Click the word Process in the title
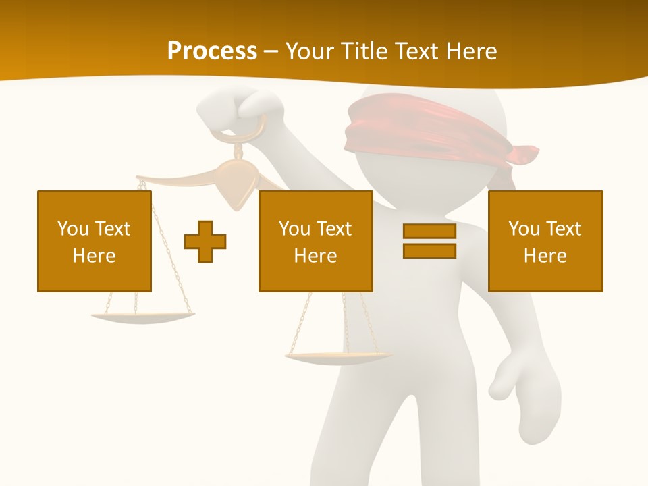[212, 51]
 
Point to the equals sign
[429, 241]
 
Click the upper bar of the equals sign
[429, 232]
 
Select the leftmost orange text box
[94, 241]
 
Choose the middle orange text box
[315, 241]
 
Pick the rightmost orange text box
[545, 241]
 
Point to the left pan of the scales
[142, 316]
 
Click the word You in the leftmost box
[73, 229]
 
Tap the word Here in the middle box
[315, 256]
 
